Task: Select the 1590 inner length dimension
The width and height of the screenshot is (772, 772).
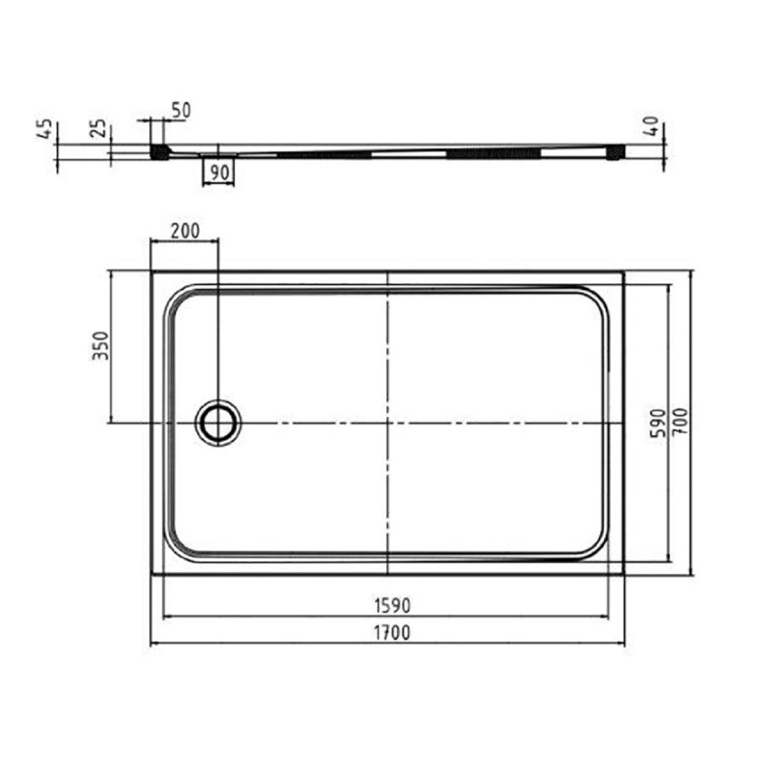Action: tap(392, 606)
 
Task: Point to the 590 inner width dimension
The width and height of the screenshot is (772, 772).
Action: tap(659, 423)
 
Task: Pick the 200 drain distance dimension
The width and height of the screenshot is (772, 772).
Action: tap(185, 231)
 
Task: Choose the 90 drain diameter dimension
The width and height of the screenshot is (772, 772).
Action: tap(219, 172)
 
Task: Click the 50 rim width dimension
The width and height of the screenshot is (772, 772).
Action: tap(181, 111)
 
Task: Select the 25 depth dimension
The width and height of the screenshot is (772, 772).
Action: tap(98, 128)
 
